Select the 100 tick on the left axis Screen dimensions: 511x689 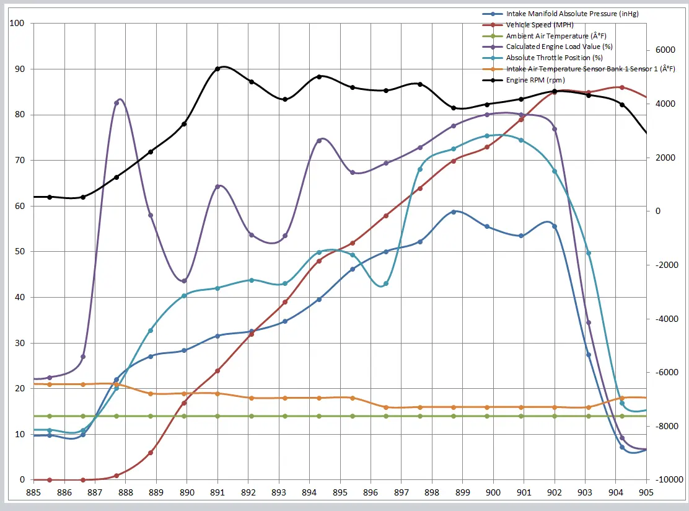pyautogui.click(x=17, y=24)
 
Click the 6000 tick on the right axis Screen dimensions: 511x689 pyautogui.click(x=666, y=50)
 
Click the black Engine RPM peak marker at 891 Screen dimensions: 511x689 pyautogui.click(x=217, y=69)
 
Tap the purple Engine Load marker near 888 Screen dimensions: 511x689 pyautogui.click(x=116, y=103)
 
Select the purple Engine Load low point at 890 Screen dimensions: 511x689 pyautogui.click(x=184, y=280)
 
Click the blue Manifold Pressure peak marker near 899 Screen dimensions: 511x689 pyautogui.click(x=454, y=211)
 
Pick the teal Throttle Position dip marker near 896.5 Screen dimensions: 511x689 pyautogui.click(x=386, y=283)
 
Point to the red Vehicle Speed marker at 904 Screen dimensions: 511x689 pyautogui.click(x=622, y=87)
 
